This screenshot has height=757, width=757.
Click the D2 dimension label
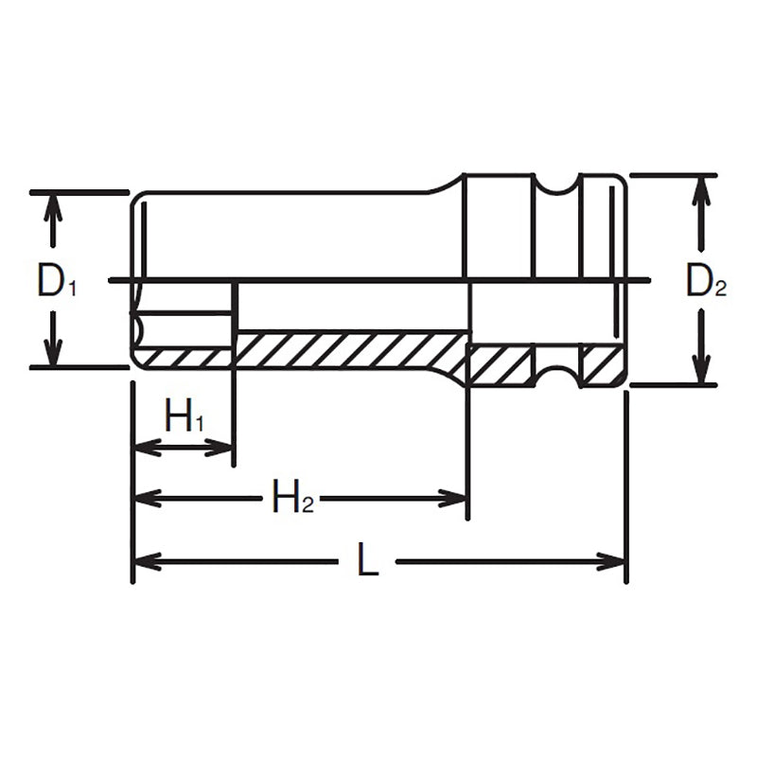(x=706, y=281)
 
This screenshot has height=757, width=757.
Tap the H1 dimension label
(x=185, y=416)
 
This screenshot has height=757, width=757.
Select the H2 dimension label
(x=292, y=497)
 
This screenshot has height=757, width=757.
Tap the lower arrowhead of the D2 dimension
(x=700, y=371)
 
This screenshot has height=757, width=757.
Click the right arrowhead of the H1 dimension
(x=220, y=447)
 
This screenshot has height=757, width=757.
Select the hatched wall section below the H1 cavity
(x=184, y=358)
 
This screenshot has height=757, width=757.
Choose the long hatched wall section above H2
(x=350, y=350)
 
